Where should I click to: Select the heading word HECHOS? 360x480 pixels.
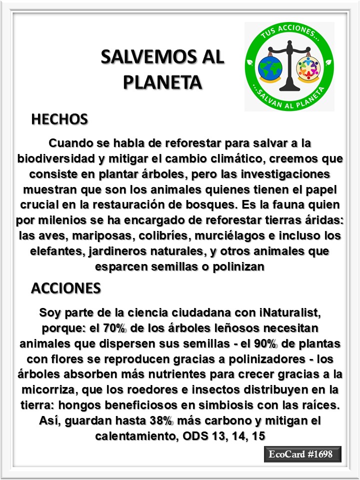(x=59, y=119)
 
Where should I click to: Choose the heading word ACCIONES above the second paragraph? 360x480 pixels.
(x=66, y=288)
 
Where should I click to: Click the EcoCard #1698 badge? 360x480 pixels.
(x=302, y=454)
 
